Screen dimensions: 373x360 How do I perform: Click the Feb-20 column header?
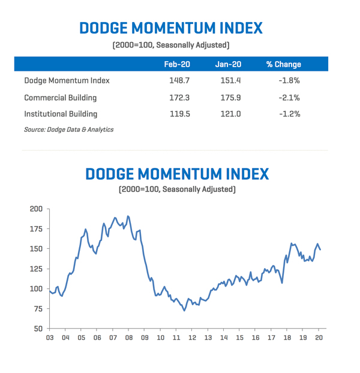pyautogui.click(x=177, y=64)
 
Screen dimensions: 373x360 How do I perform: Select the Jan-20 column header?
pyautogui.click(x=228, y=64)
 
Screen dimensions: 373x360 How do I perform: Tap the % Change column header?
pyautogui.click(x=283, y=64)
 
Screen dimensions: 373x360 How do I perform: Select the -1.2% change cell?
pyautogui.click(x=288, y=113)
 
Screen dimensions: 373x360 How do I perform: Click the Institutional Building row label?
pyautogui.click(x=61, y=113)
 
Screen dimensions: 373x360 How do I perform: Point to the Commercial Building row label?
pyautogui.click(x=60, y=97)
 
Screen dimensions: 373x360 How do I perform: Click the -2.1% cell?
pyautogui.click(x=288, y=97)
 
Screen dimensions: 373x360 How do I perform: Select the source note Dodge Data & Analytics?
pyautogui.click(x=68, y=130)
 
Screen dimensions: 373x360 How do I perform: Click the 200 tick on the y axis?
pyautogui.click(x=36, y=209)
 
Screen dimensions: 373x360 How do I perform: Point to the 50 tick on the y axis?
pyautogui.click(x=38, y=329)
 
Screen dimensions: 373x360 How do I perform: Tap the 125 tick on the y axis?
pyautogui.click(x=36, y=269)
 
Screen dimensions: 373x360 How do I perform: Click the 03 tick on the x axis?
pyautogui.click(x=50, y=338)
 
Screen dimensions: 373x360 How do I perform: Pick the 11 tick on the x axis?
pyautogui.click(x=176, y=338)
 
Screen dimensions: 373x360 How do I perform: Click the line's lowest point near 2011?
pyautogui.click(x=184, y=310)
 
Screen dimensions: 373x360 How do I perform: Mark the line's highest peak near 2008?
pyautogui.click(x=128, y=216)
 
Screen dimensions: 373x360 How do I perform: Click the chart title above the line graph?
pyautogui.click(x=177, y=173)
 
